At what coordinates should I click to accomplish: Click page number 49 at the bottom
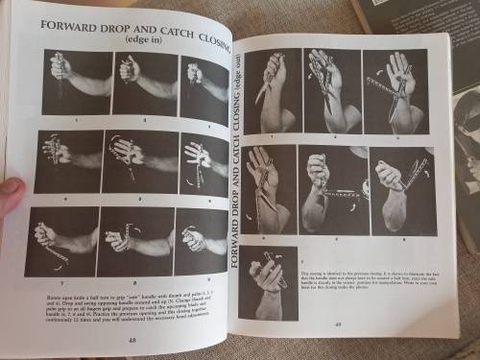pyautogui.click(x=338, y=323)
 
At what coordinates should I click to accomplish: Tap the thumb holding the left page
pyautogui.click(x=10, y=196)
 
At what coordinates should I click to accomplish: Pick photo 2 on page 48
pyautogui.click(x=144, y=83)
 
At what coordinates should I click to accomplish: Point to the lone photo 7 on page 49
pyautogui.click(x=270, y=282)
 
